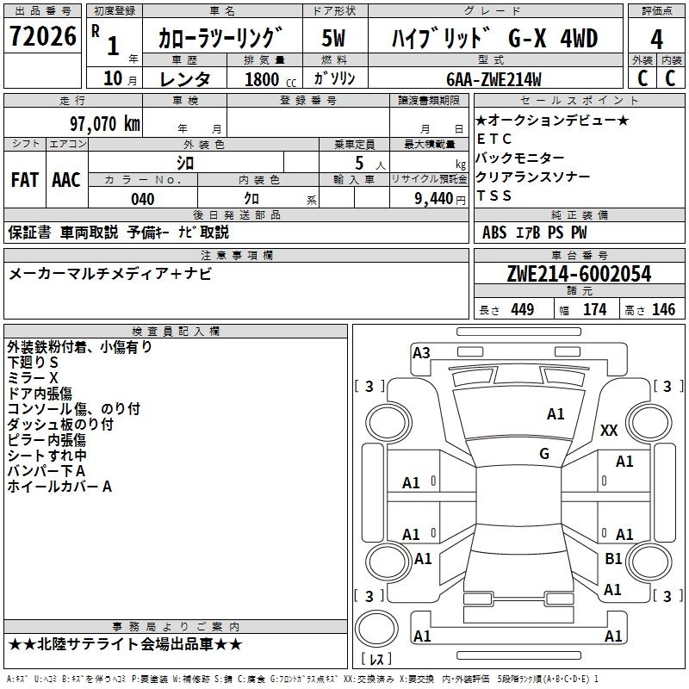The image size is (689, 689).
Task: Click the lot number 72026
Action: [x=41, y=39]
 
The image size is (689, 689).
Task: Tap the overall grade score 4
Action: [x=657, y=40]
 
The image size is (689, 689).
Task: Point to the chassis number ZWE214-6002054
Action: [x=579, y=274]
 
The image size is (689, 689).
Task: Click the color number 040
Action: [x=143, y=199]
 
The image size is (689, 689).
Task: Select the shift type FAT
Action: [x=24, y=180]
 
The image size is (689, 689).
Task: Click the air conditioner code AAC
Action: [x=66, y=180]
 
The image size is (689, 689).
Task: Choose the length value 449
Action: [x=522, y=310]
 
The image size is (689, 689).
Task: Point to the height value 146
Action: [x=663, y=310]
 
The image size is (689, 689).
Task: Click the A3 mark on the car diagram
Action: [x=421, y=352]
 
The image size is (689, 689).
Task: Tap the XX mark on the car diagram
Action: [x=609, y=431]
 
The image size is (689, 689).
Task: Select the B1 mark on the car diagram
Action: [x=613, y=559]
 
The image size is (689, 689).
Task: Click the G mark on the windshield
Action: [x=544, y=453]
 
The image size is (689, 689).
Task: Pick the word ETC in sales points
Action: [x=493, y=139]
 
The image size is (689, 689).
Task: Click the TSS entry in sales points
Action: [x=493, y=196]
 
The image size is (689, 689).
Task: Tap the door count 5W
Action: [x=334, y=39]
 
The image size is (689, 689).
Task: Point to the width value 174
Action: [x=595, y=310]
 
